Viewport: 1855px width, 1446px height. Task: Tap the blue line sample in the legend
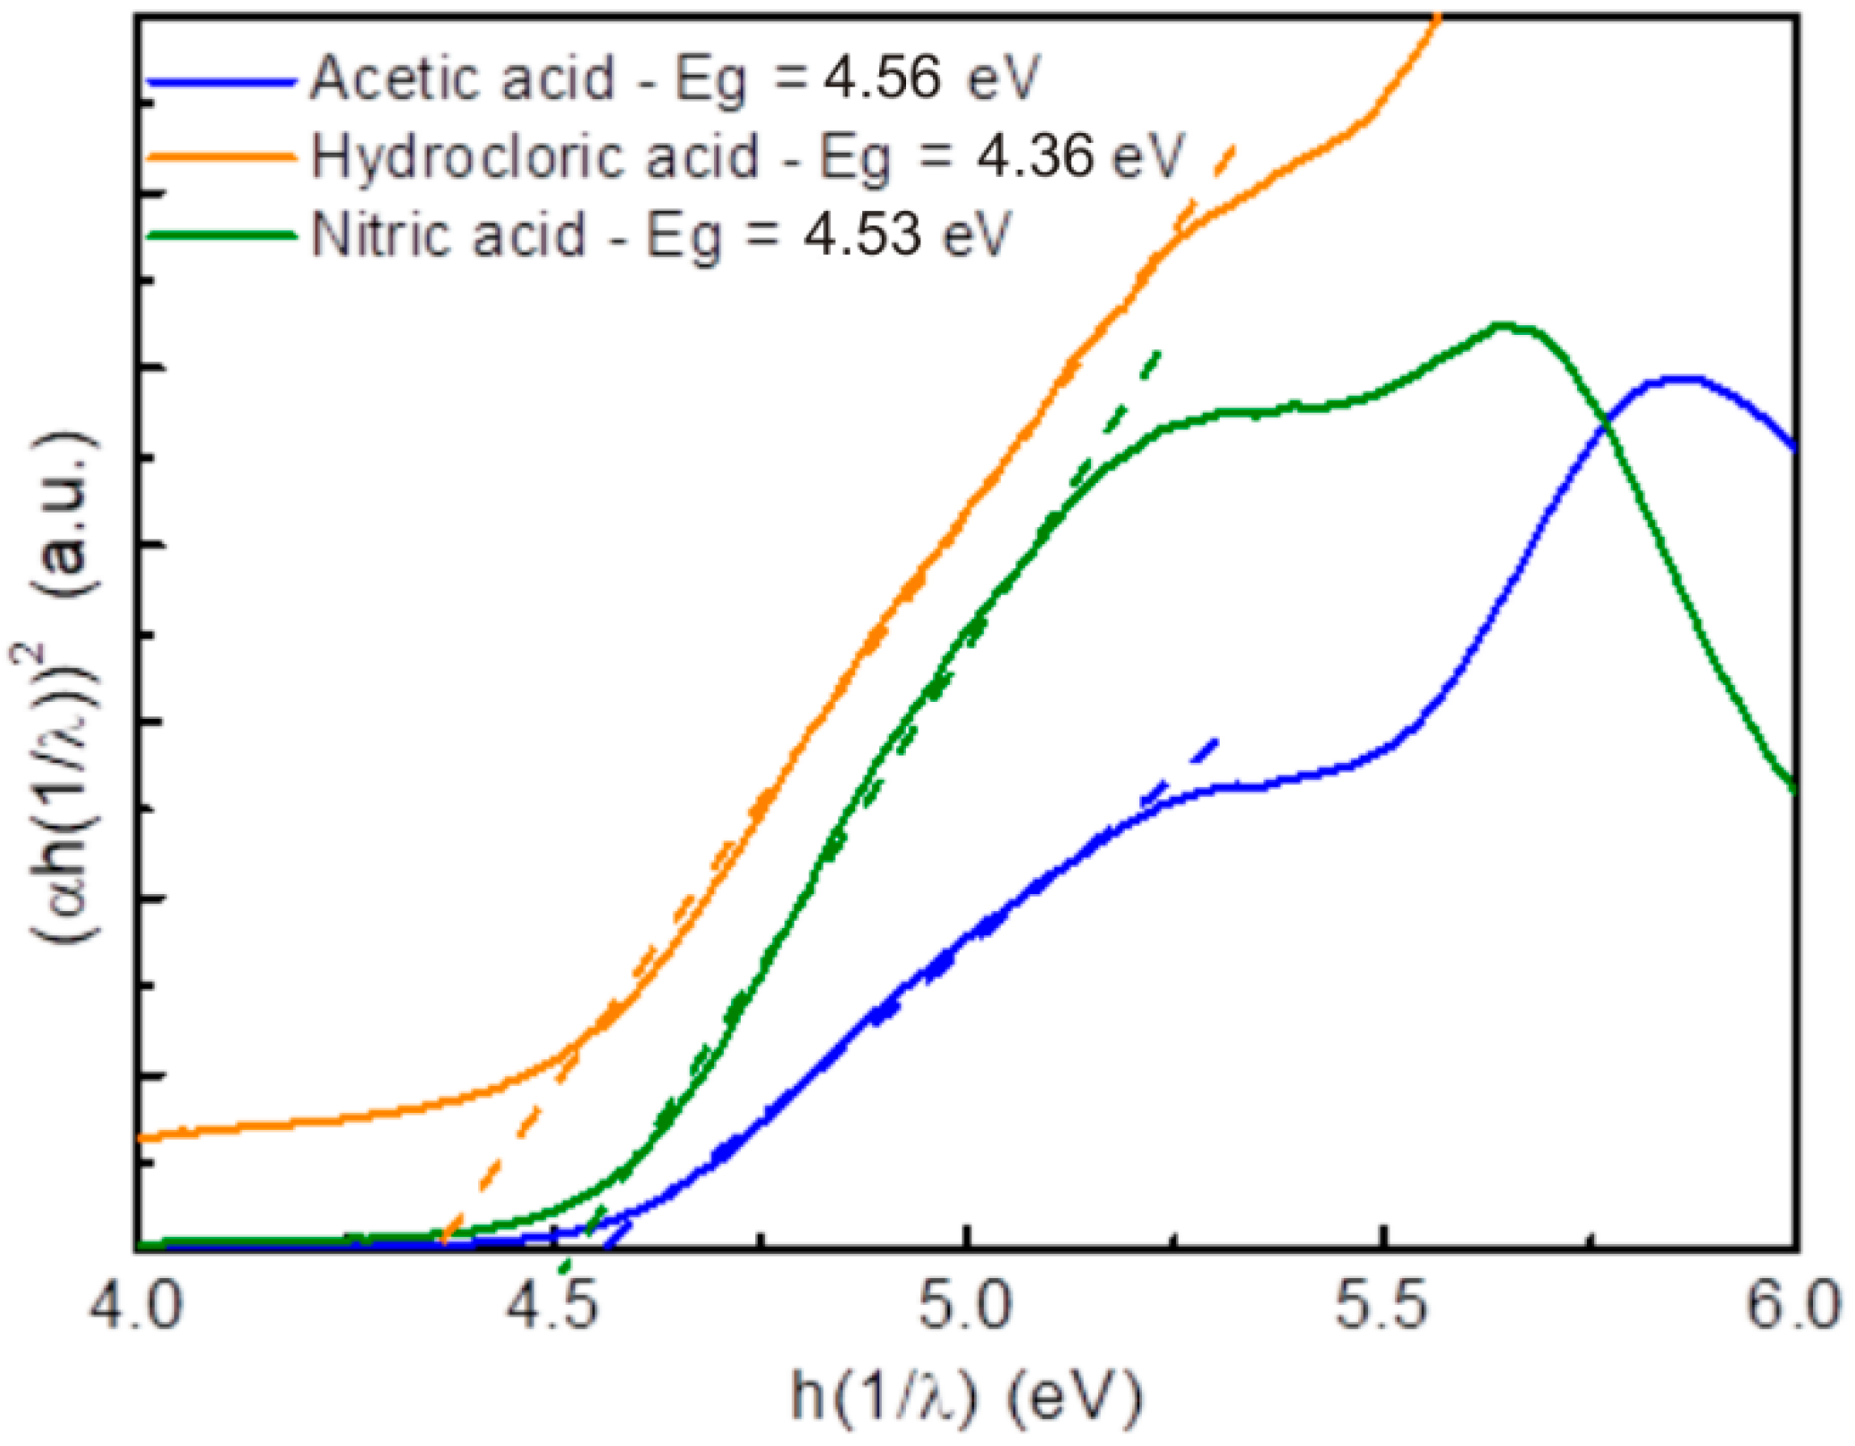click(221, 82)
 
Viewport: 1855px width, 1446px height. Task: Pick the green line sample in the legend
click(221, 235)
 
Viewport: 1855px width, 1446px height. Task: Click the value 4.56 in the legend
click(881, 79)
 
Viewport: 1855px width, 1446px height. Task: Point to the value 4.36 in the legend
click(1034, 156)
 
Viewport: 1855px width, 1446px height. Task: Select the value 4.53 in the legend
click(861, 234)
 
